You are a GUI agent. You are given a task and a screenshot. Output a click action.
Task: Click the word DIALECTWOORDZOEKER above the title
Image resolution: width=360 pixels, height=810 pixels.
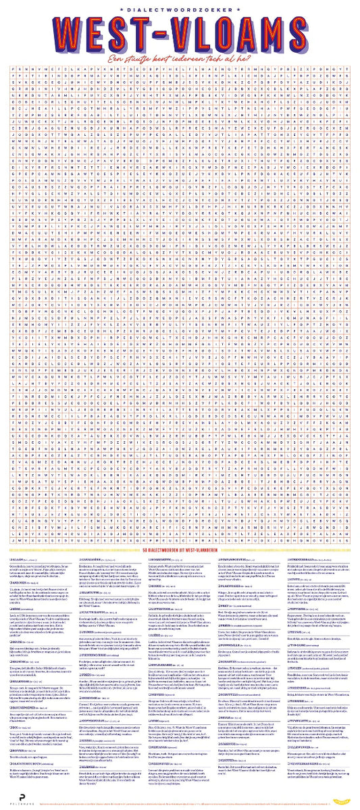pos(180,9)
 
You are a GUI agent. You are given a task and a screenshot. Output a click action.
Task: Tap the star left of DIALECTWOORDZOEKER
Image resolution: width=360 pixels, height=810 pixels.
pos(120,9)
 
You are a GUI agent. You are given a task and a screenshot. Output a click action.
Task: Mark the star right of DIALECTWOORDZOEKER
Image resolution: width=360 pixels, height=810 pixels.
pos(240,9)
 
